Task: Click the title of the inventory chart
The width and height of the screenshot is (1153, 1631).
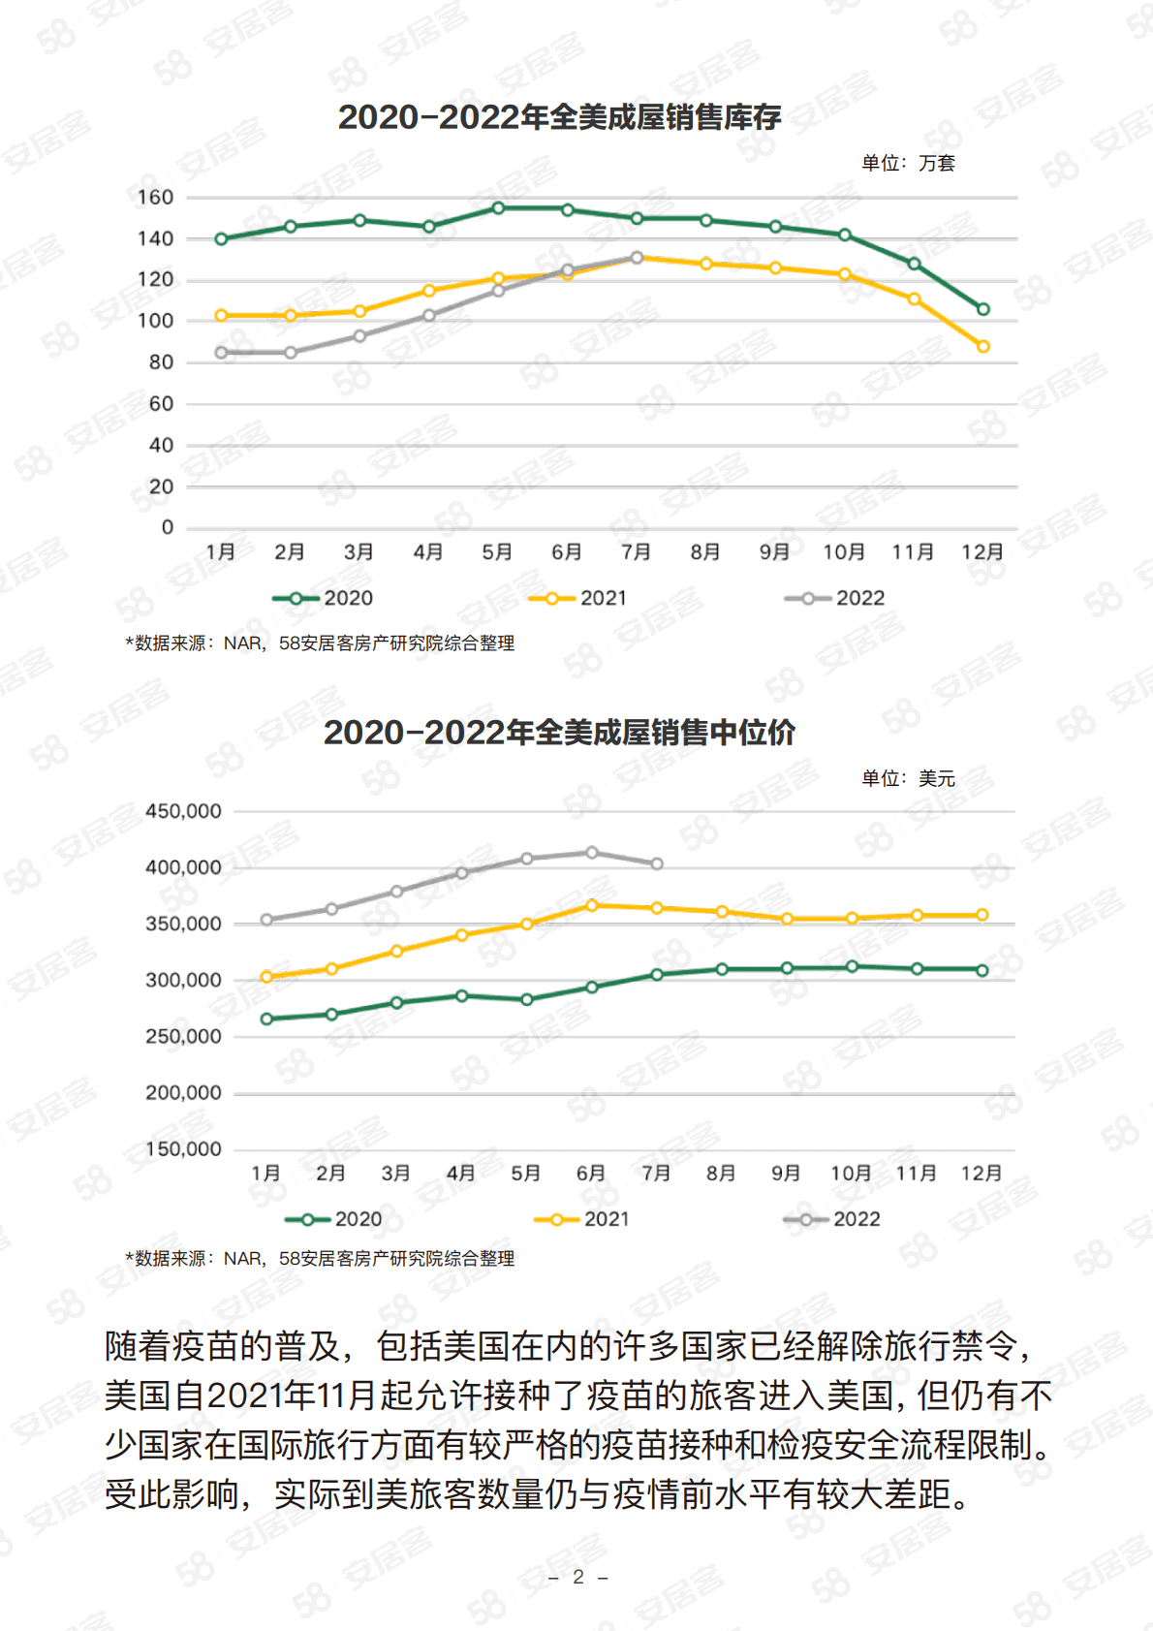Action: [559, 117]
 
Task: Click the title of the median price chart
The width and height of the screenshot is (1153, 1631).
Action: [559, 733]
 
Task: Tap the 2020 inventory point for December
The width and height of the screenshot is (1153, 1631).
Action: [983, 309]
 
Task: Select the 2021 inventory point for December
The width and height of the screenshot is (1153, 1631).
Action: [983, 346]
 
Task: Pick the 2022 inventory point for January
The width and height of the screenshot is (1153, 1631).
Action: [222, 353]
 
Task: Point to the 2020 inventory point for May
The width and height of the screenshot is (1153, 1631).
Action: [498, 208]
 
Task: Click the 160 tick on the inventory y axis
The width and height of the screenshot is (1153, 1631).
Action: [155, 198]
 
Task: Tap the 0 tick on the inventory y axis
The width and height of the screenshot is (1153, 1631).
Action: [168, 528]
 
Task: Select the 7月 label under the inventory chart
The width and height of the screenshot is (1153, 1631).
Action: [636, 552]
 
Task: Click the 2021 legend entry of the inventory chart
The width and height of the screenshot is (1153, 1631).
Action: [578, 599]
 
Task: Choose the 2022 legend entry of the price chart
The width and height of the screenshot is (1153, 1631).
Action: [832, 1219]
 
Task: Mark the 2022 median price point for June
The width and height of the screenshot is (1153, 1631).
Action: [592, 853]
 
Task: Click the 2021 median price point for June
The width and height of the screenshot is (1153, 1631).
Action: [592, 905]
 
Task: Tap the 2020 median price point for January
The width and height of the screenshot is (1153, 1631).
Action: [266, 1019]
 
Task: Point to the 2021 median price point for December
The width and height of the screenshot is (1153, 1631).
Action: [982, 915]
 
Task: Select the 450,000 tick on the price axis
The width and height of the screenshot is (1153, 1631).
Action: [183, 811]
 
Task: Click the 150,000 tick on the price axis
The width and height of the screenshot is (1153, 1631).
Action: [183, 1149]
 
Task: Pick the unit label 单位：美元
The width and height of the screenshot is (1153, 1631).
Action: [908, 778]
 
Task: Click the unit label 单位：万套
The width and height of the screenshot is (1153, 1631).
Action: [908, 163]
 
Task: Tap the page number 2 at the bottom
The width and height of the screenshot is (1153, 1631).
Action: [578, 1577]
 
